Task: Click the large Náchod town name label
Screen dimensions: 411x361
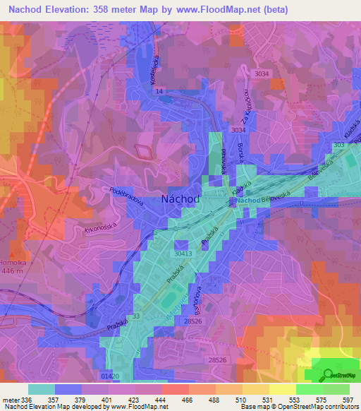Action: (x=180, y=199)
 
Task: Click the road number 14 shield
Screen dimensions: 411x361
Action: (x=159, y=92)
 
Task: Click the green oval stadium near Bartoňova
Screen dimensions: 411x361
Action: (x=167, y=302)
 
